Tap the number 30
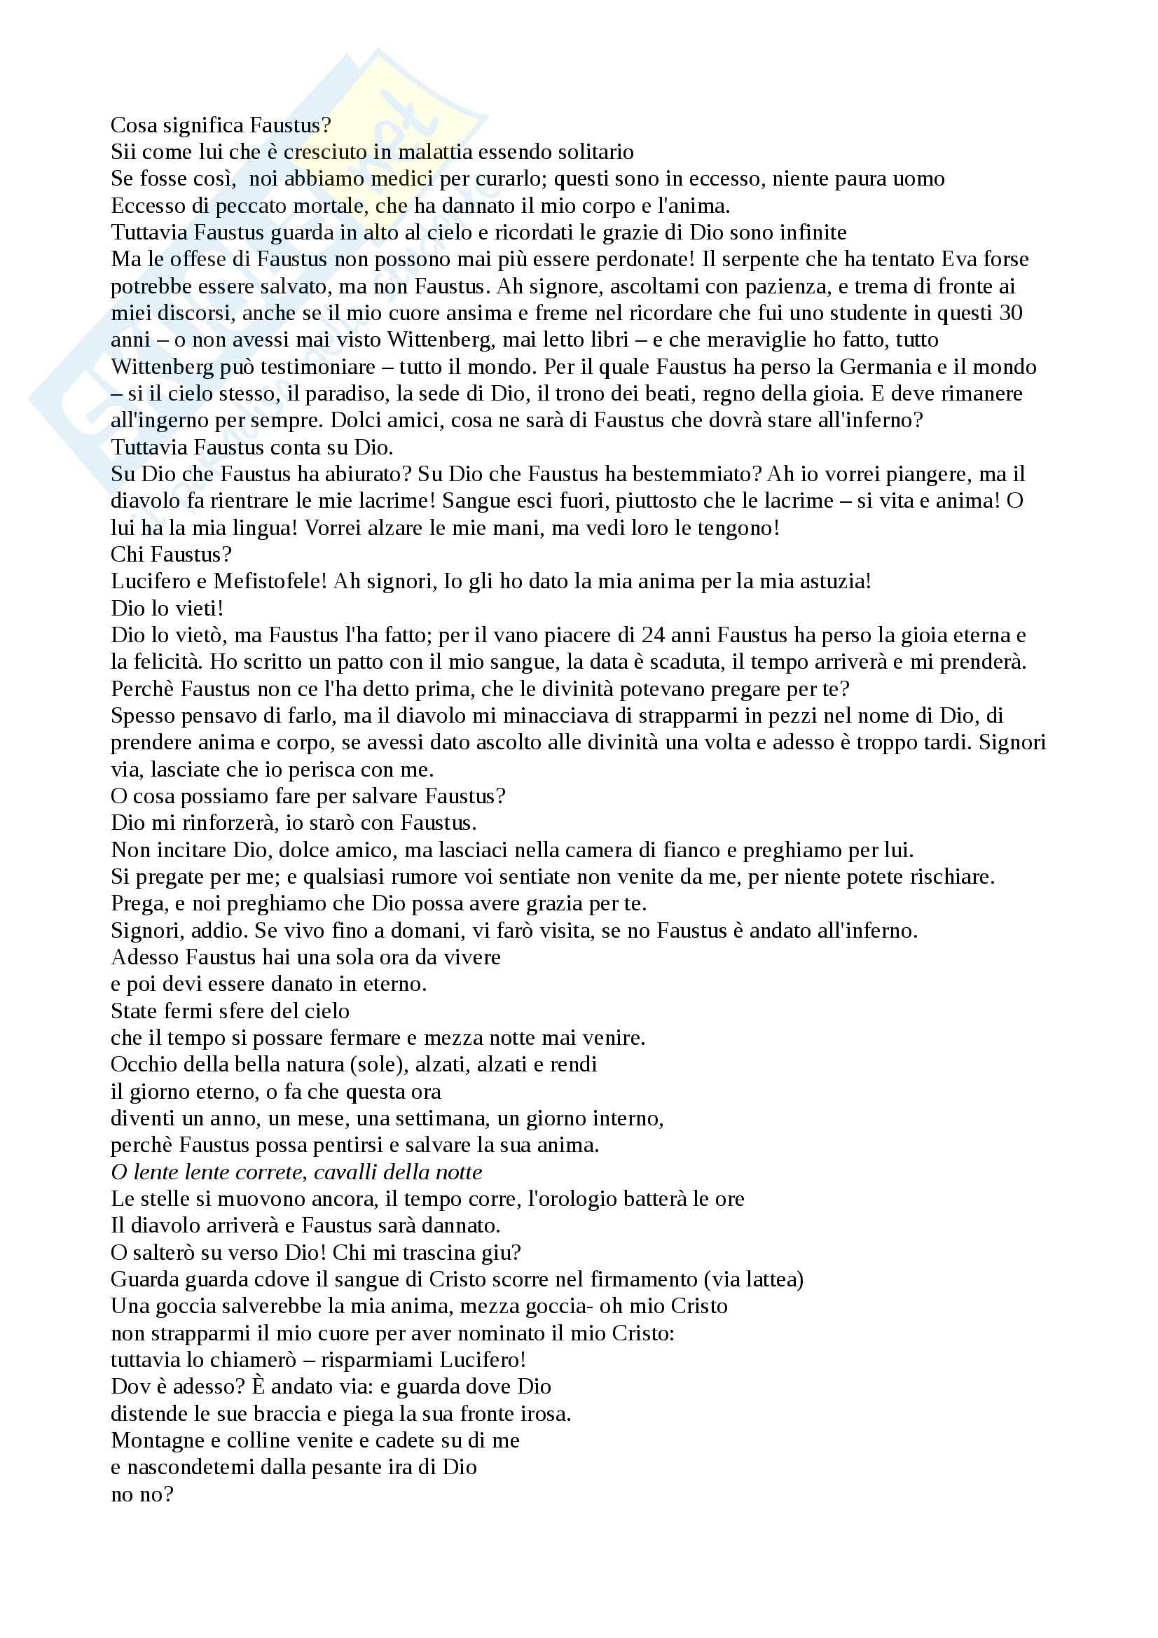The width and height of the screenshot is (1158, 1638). (x=1010, y=313)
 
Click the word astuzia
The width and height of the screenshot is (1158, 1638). (x=832, y=581)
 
